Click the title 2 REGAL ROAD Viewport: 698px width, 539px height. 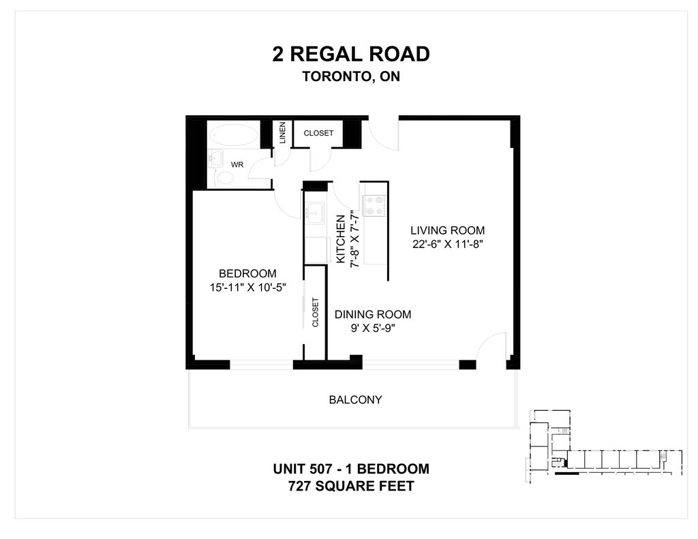[x=351, y=54]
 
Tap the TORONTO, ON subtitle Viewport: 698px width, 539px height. [x=351, y=76]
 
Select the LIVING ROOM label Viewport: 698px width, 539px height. [x=447, y=230]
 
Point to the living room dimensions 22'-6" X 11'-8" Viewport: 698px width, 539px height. [x=447, y=243]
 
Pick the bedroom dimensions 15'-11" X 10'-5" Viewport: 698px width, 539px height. [x=247, y=288]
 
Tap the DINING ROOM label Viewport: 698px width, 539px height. [x=372, y=315]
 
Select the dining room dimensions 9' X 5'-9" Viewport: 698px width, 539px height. [x=372, y=328]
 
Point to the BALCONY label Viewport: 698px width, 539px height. [x=355, y=400]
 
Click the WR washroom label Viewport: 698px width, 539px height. [x=237, y=165]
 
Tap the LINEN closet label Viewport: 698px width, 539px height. [x=282, y=134]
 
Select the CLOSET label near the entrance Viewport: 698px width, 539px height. [x=318, y=133]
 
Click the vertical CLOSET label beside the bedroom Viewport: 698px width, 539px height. [x=315, y=312]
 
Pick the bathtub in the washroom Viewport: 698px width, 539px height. [x=232, y=135]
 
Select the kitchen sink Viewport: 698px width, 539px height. [x=314, y=212]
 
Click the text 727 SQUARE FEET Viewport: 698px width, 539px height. [x=351, y=487]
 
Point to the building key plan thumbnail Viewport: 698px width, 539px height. [x=603, y=446]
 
